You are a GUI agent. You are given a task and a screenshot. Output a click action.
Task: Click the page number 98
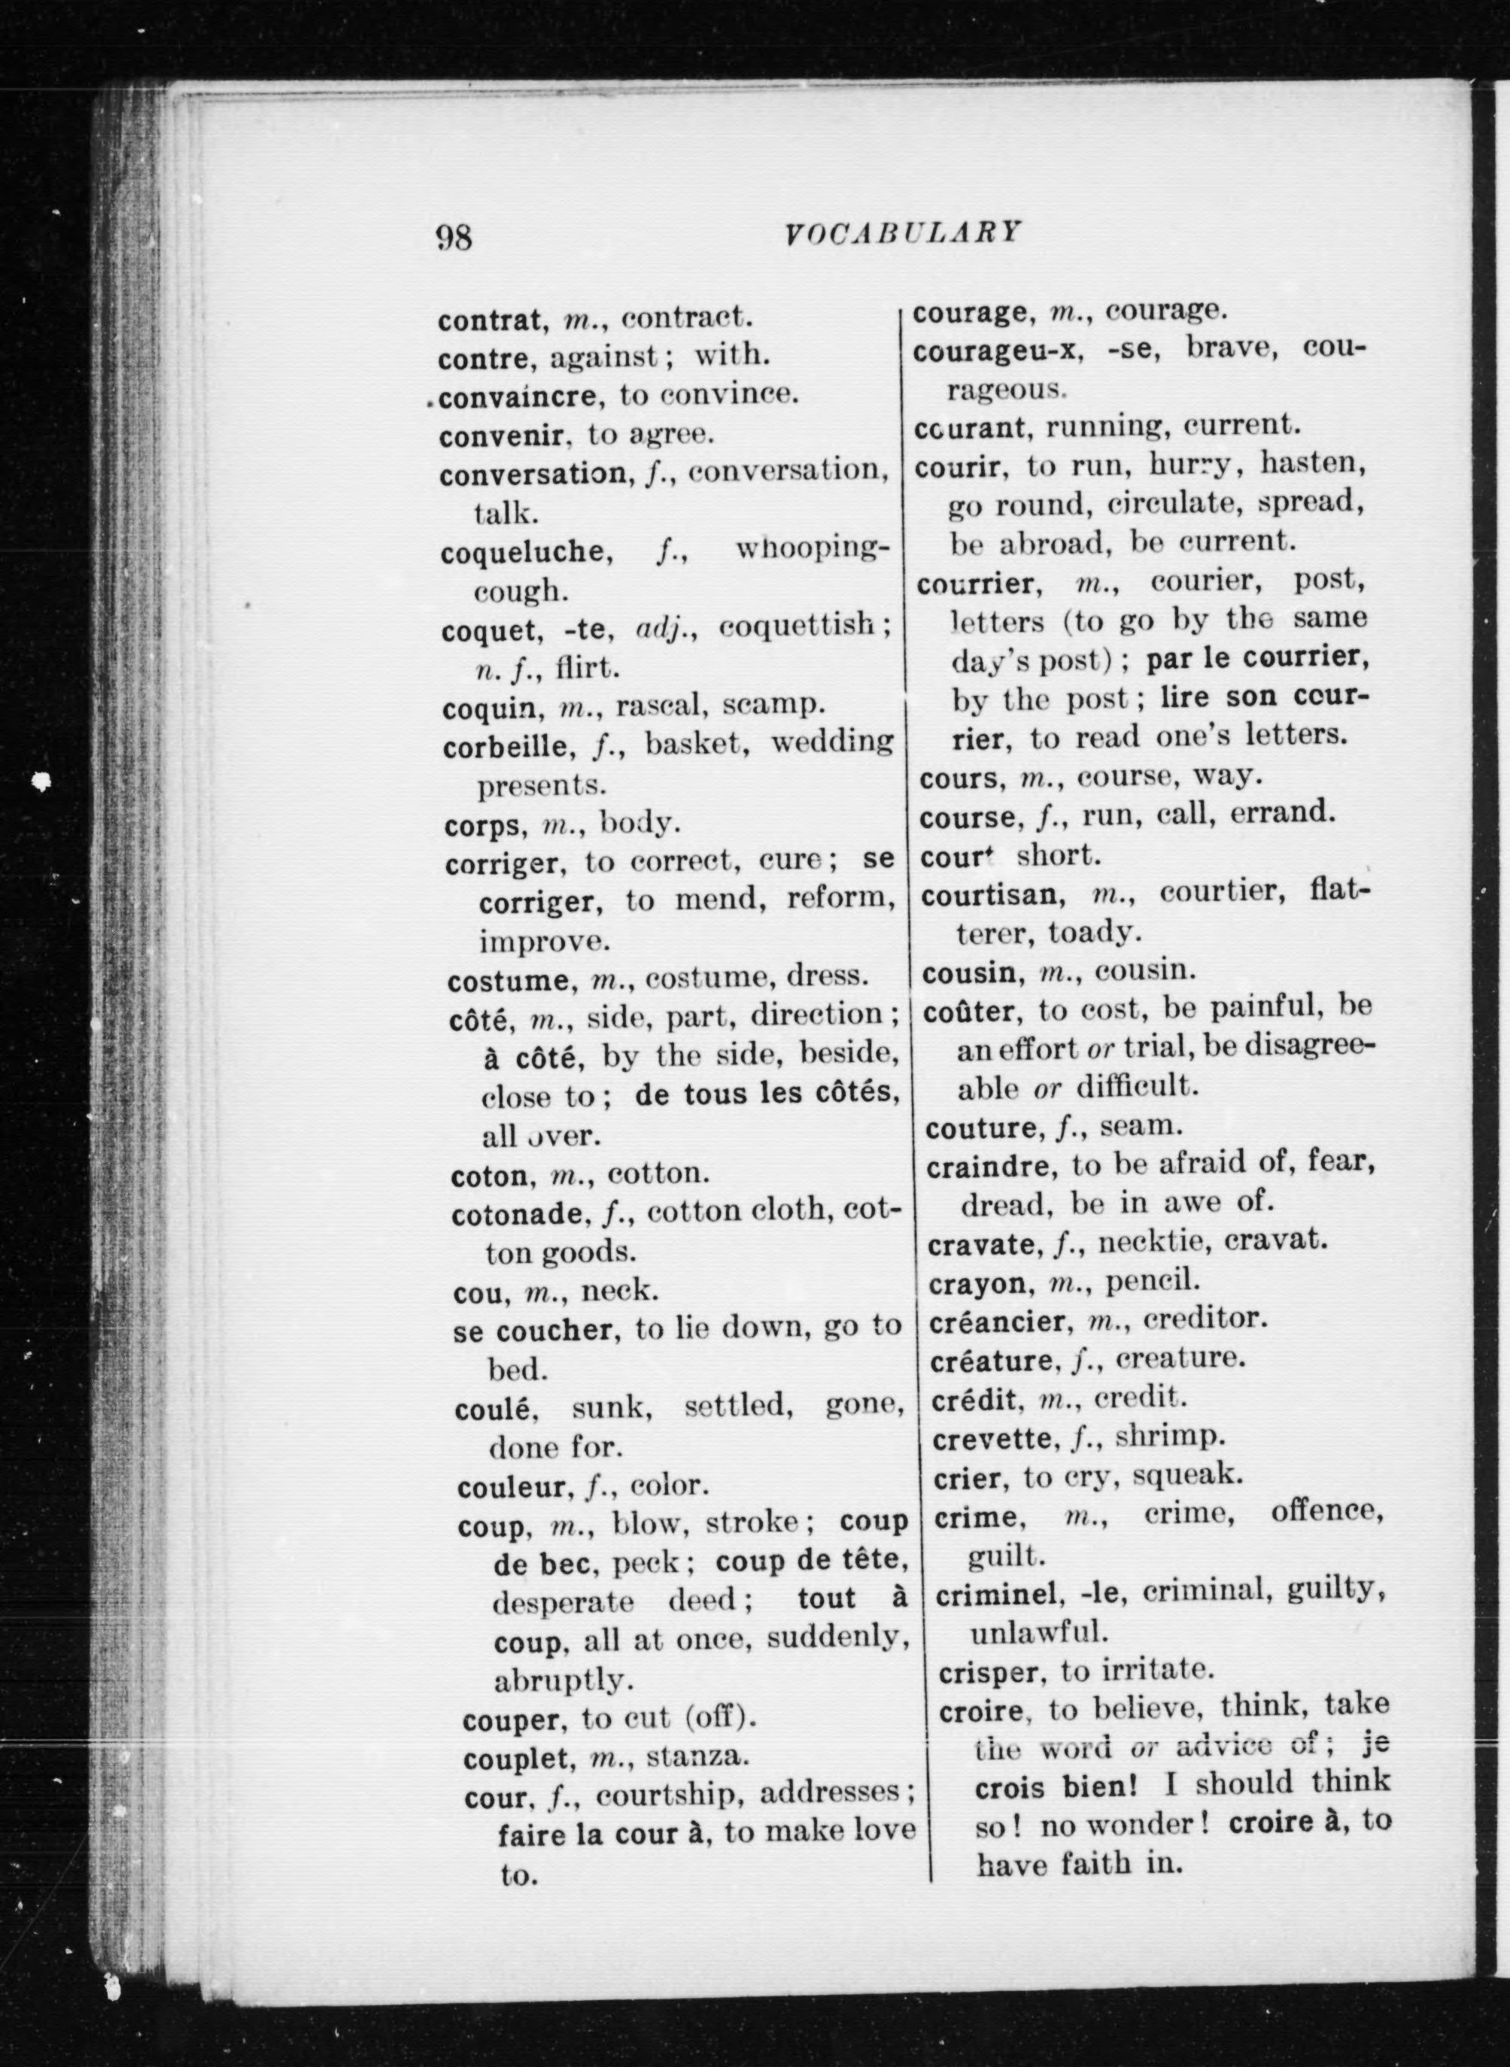click(x=454, y=237)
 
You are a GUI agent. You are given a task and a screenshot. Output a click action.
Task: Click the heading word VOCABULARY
click(x=902, y=233)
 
